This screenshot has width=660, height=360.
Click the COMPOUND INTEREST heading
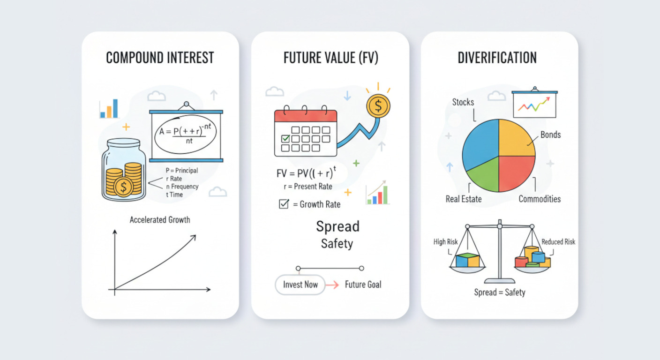160,58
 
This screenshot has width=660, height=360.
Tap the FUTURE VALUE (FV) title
330,58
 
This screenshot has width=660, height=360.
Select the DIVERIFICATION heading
497,58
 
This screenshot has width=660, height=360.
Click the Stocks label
463,102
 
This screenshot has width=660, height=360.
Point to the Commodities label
540,199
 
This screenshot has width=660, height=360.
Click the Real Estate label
464,199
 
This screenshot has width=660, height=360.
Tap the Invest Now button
300,285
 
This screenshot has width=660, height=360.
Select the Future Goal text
363,285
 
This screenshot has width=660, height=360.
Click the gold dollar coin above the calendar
378,106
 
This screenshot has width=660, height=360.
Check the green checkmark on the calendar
285,138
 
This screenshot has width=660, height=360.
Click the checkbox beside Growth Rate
284,204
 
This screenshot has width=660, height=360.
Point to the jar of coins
124,170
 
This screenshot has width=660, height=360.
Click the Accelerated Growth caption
160,220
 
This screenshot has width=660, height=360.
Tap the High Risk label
445,242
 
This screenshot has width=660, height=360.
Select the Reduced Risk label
558,242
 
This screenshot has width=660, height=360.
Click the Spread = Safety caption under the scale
500,292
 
